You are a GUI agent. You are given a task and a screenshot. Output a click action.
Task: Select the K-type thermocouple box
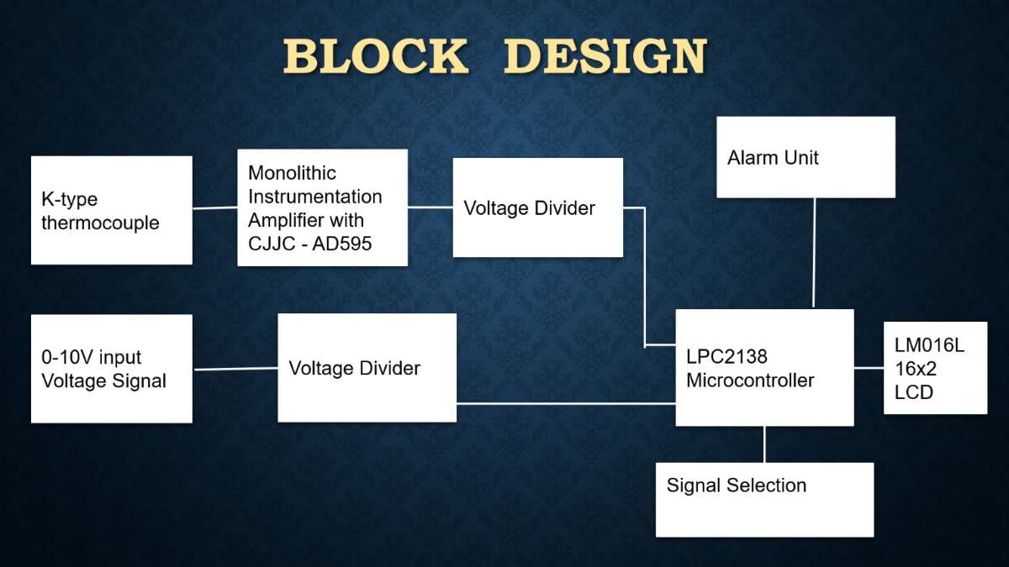click(112, 210)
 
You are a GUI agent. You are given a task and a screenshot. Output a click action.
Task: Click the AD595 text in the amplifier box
click(342, 244)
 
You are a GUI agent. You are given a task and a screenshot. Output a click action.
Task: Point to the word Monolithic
click(292, 173)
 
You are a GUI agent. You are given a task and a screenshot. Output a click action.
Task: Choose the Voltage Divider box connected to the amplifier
click(538, 207)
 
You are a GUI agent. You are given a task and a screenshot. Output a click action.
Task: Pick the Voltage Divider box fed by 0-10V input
click(367, 368)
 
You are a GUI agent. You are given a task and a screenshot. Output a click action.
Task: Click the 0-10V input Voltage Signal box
click(112, 369)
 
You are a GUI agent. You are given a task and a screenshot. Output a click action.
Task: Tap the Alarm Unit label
click(773, 158)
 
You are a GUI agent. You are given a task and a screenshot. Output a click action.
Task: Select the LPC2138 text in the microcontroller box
click(726, 356)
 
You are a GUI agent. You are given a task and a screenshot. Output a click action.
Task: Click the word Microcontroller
click(750, 381)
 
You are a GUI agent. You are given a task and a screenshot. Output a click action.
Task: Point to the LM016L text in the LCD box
click(929, 345)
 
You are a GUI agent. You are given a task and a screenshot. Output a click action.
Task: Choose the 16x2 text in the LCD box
click(916, 369)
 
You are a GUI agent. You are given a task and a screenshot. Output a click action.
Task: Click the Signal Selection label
click(737, 486)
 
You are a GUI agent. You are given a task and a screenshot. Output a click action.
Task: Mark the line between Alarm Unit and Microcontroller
click(814, 253)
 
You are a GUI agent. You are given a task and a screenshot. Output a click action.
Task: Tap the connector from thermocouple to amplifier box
click(215, 208)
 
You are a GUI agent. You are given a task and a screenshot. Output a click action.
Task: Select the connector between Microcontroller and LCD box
click(869, 368)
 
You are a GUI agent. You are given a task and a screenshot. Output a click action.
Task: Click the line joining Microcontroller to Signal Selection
click(764, 444)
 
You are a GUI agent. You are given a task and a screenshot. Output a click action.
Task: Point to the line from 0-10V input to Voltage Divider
click(235, 369)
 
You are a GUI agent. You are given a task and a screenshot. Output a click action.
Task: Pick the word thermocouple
click(100, 223)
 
